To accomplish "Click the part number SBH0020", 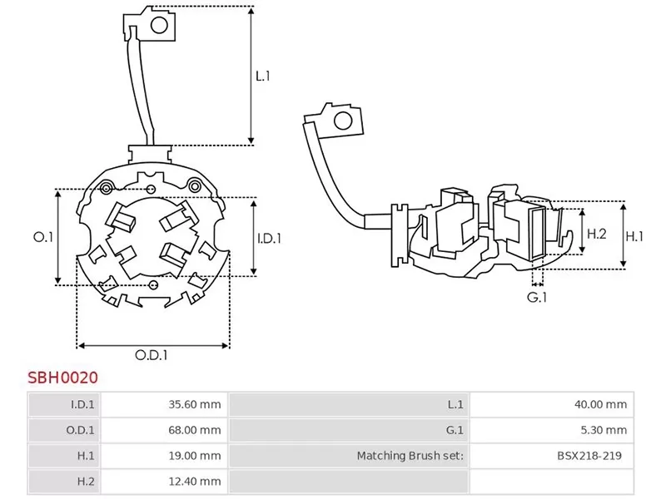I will tap(63, 377).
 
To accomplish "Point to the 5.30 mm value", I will tap(606, 430).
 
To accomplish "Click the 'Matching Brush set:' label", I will tap(410, 456).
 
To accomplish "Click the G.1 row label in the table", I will tap(455, 430).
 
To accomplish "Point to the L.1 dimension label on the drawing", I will tap(263, 76).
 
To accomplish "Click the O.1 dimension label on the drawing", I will tap(42, 237).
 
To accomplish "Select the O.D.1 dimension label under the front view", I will tap(152, 354).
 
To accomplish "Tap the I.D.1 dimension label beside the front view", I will tap(268, 238).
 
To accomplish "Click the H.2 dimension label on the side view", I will tap(596, 235).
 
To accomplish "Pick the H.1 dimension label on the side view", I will tap(634, 236).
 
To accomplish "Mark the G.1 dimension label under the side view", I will tap(537, 297).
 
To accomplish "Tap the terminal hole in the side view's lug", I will tap(341, 122).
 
